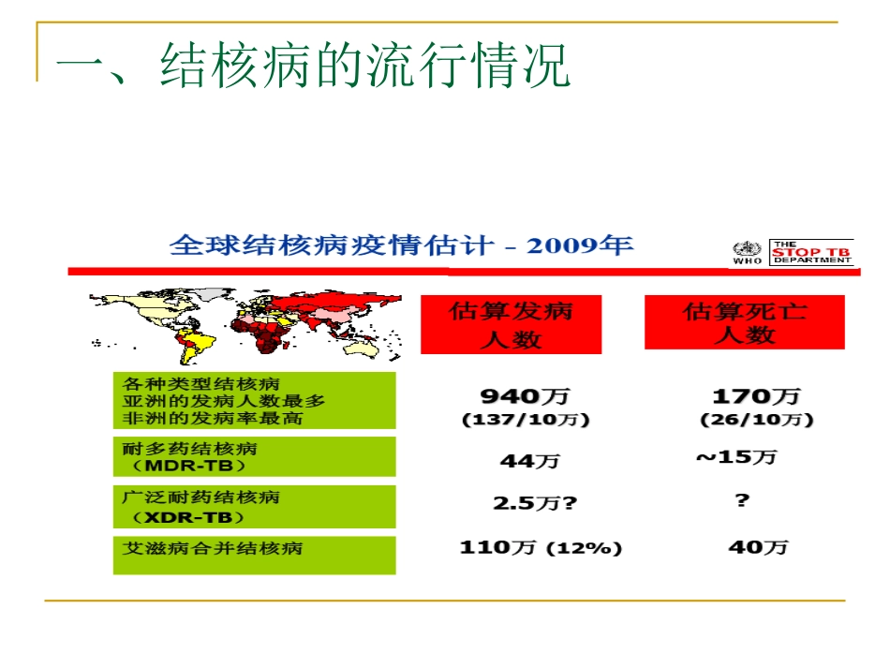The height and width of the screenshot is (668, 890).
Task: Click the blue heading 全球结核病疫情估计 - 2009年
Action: point(401,245)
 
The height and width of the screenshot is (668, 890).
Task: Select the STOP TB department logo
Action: point(811,252)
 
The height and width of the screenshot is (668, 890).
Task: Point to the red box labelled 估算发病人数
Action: point(511,324)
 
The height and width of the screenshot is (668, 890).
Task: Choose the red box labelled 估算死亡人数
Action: point(744,322)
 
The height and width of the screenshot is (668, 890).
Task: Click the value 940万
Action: point(526,396)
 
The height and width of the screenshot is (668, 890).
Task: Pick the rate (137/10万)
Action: point(526,420)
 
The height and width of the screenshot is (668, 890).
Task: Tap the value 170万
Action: point(756,396)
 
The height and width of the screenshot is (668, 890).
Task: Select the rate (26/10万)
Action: point(756,420)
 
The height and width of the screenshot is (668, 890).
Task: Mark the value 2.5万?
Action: point(535,503)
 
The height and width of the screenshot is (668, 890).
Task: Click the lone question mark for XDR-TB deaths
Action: point(742,500)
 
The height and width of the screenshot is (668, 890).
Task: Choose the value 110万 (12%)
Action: point(541,548)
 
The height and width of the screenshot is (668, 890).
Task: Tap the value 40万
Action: point(758,547)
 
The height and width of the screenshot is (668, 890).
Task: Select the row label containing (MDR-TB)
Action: point(254,457)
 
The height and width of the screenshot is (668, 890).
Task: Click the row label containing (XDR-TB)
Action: point(254,507)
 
